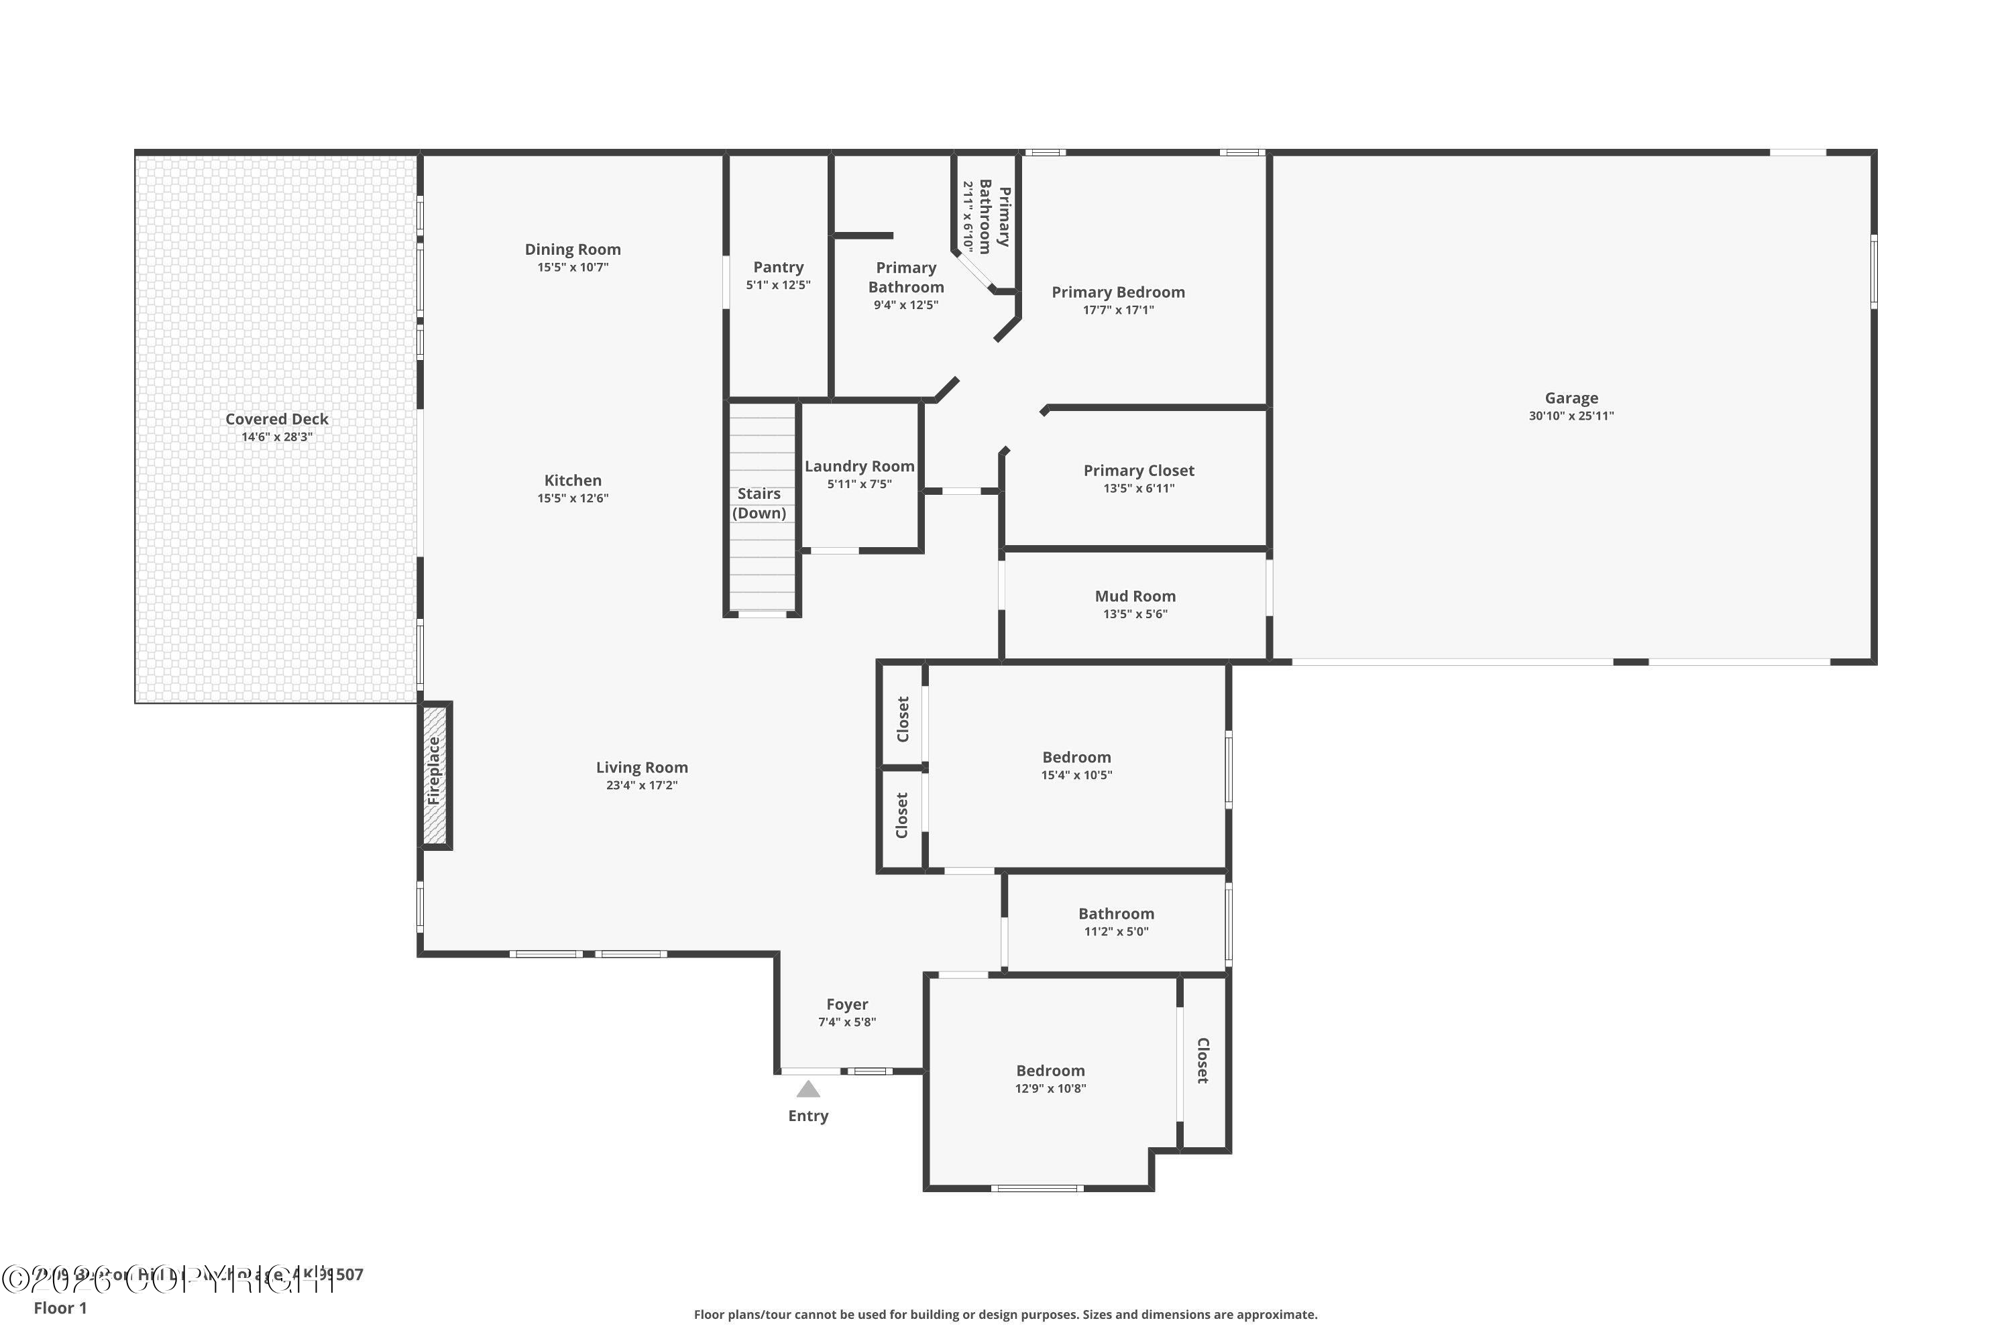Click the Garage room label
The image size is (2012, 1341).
(1571, 398)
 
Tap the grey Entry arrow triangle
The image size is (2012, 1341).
(808, 1089)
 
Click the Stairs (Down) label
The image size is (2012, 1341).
(759, 503)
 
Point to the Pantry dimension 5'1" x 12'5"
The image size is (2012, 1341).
(777, 285)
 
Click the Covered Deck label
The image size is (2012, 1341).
(276, 419)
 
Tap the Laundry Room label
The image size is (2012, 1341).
(859, 466)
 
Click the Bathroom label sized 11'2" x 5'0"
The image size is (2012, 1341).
(1115, 913)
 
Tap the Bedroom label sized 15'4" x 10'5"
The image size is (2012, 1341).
(1076, 757)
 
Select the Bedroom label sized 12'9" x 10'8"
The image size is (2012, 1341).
(1050, 1071)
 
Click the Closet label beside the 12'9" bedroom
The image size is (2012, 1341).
(1202, 1061)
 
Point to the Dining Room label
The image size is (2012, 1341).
(572, 249)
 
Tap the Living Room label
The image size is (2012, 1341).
(642, 767)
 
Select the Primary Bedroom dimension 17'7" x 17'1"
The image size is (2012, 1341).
(1117, 310)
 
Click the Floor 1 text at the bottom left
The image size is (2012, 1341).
(60, 1307)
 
